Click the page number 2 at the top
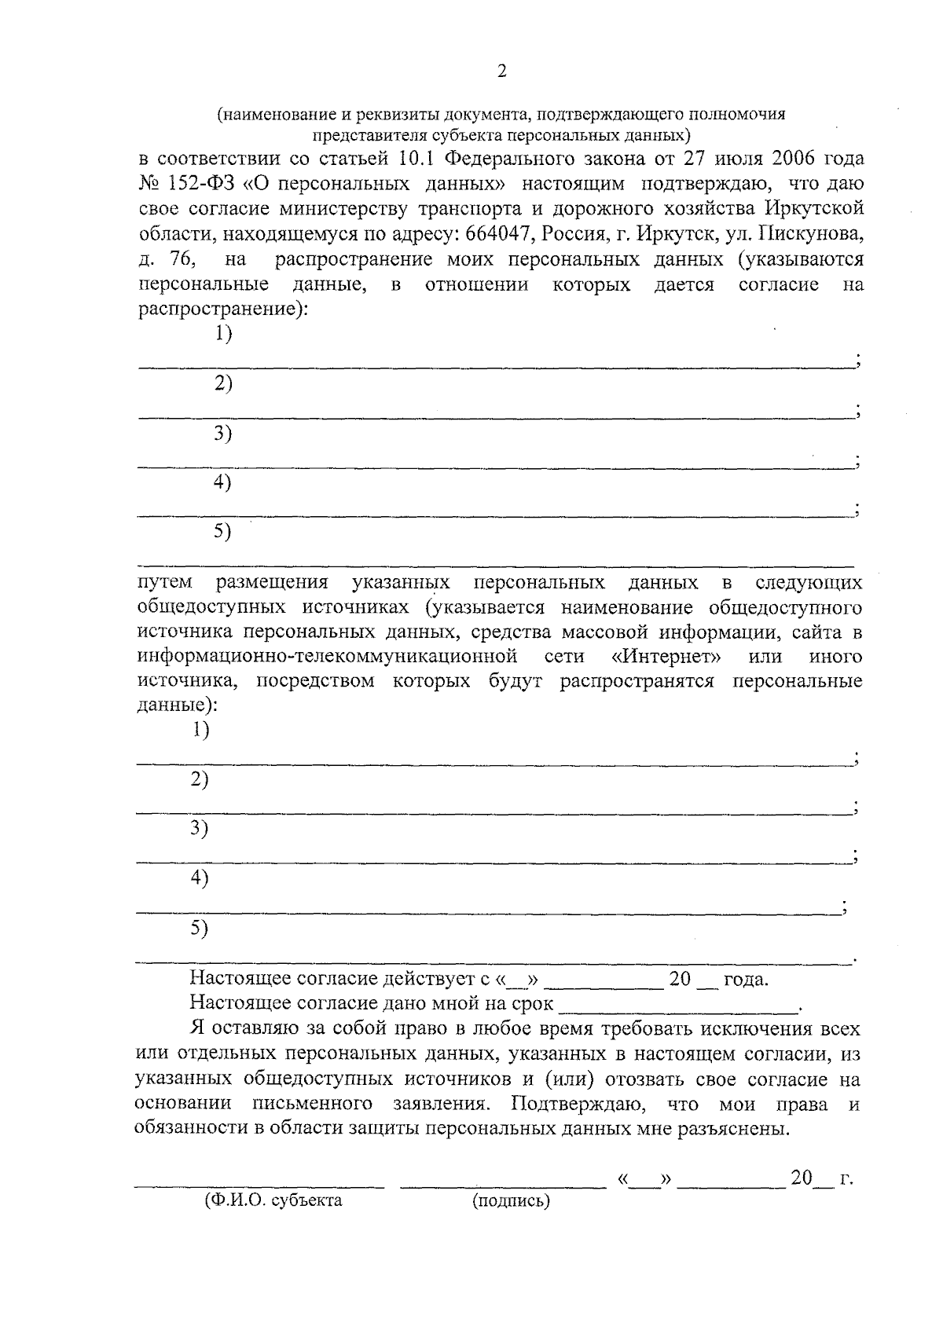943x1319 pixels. coord(502,72)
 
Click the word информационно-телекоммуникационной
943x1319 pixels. coord(327,656)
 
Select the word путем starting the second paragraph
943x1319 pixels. coord(164,583)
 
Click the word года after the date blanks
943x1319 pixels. coord(745,980)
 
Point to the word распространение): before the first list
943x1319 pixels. coord(223,309)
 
